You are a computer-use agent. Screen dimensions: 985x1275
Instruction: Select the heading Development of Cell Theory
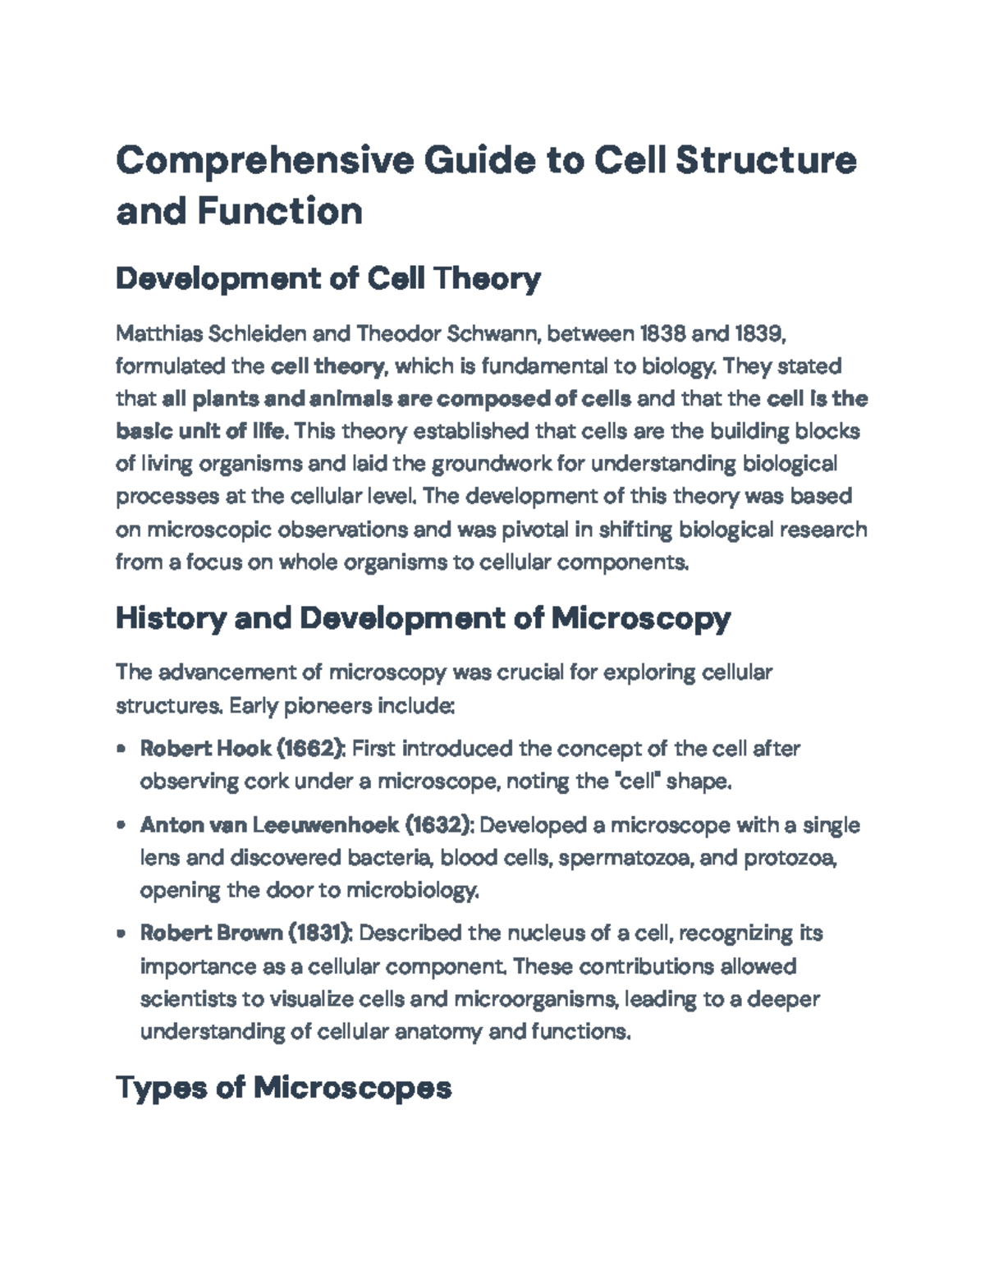[328, 279]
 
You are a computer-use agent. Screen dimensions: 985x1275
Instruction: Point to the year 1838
[662, 333]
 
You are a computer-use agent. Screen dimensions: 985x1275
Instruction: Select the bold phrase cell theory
[327, 366]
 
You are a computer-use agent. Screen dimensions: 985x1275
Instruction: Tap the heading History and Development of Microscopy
[423, 617]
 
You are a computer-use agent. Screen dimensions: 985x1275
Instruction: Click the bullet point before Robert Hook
[121, 749]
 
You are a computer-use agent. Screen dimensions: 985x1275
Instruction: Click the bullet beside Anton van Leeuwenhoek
[121, 825]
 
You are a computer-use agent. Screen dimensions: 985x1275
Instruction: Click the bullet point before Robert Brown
[121, 933]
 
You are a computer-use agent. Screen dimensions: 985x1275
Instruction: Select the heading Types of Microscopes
[284, 1088]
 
